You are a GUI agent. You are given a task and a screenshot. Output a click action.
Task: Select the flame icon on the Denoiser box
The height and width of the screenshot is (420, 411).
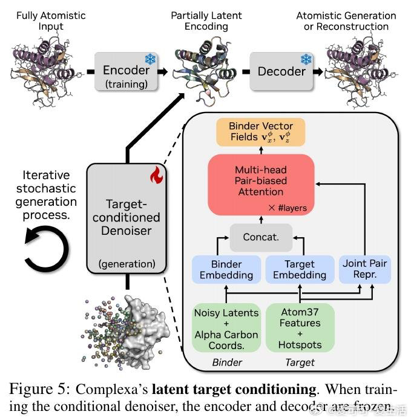(157, 176)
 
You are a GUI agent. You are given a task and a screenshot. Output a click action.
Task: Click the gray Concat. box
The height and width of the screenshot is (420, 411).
(261, 237)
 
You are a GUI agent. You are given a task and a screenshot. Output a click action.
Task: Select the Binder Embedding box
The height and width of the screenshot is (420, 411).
(226, 270)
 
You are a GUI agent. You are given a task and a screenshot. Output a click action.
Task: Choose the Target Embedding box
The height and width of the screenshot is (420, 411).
(300, 270)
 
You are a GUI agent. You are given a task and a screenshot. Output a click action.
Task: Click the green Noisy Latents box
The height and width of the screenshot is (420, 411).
(226, 327)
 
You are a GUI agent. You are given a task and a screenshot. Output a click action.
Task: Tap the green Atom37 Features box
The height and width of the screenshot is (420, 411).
(300, 327)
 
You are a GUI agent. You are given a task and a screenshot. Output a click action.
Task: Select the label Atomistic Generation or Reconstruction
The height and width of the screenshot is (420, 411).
(346, 21)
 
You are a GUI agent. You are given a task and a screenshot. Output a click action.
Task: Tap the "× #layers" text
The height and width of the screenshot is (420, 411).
(288, 208)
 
